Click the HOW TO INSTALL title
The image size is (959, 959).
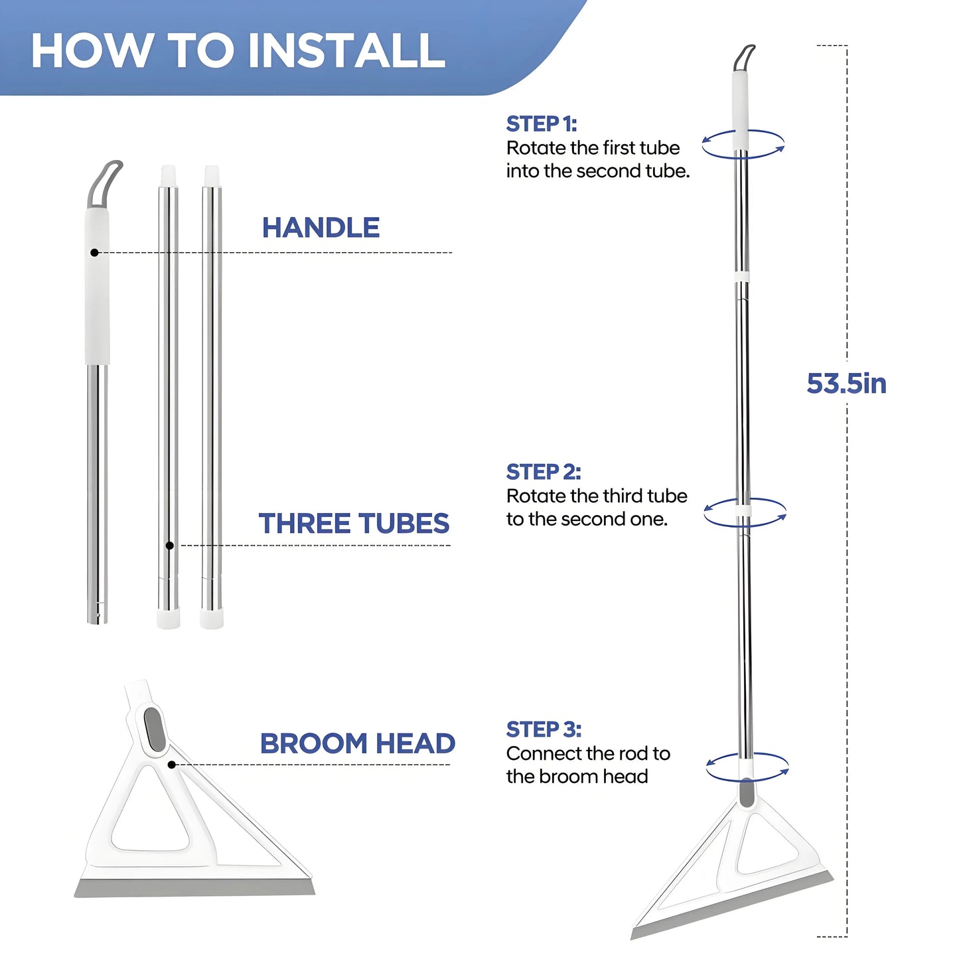pyautogui.click(x=238, y=50)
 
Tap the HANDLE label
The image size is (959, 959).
pyautogui.click(x=321, y=228)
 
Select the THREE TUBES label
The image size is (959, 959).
pyautogui.click(x=354, y=524)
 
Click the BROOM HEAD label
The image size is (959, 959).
pyautogui.click(x=357, y=743)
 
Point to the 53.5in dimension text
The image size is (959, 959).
pyautogui.click(x=846, y=384)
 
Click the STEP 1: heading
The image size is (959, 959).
pyautogui.click(x=541, y=124)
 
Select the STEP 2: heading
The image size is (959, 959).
pyautogui.click(x=543, y=472)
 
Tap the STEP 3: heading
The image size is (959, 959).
pyautogui.click(x=544, y=729)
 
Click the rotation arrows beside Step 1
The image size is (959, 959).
pyautogui.click(x=743, y=144)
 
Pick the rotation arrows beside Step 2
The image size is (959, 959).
pyautogui.click(x=745, y=512)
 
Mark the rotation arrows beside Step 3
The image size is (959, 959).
pyautogui.click(x=747, y=767)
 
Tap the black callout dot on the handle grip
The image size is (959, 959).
pyautogui.click(x=95, y=253)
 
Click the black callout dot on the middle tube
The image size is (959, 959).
pyautogui.click(x=170, y=546)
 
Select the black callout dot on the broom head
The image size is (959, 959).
pyautogui.click(x=172, y=765)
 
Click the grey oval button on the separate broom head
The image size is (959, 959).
pyautogui.click(x=153, y=729)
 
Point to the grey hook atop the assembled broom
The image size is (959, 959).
pyautogui.click(x=744, y=57)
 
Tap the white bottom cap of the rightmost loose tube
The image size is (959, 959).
pyautogui.click(x=212, y=619)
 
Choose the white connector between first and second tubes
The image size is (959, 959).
pyautogui.click(x=742, y=276)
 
